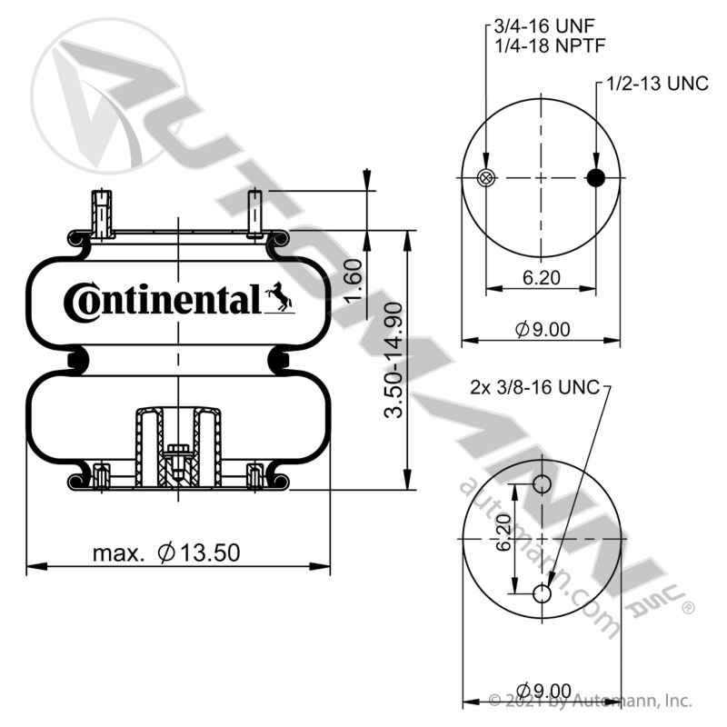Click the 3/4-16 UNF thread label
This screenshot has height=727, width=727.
coord(543,26)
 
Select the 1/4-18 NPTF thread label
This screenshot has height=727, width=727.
coord(550,46)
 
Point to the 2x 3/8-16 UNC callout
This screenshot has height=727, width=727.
coord(535,387)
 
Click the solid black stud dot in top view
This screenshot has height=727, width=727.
coord(596,177)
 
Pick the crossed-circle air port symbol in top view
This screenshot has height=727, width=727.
coord(486,177)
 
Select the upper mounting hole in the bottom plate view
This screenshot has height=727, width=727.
coord(542,484)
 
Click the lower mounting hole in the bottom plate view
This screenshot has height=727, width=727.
coord(542,593)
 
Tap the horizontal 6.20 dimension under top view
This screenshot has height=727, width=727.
coord(542,278)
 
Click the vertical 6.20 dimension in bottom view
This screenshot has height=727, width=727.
coord(503,532)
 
